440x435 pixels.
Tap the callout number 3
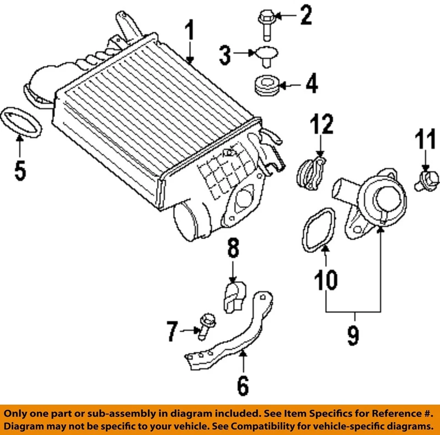(225, 56)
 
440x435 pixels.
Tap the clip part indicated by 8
(235, 297)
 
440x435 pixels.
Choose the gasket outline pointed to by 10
(319, 230)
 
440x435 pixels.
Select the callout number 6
(243, 386)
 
